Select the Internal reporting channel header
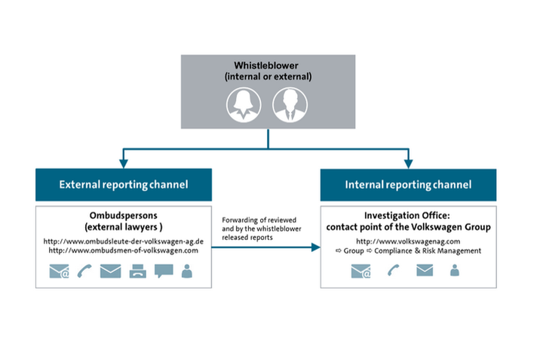[407, 184]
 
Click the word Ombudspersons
[124, 215]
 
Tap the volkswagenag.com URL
[407, 242]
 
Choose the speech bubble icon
[164, 270]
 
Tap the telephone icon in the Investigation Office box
[392, 270]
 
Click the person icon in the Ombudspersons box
[186, 270]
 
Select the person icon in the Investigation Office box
[454, 270]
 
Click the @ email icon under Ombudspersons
[60, 270]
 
